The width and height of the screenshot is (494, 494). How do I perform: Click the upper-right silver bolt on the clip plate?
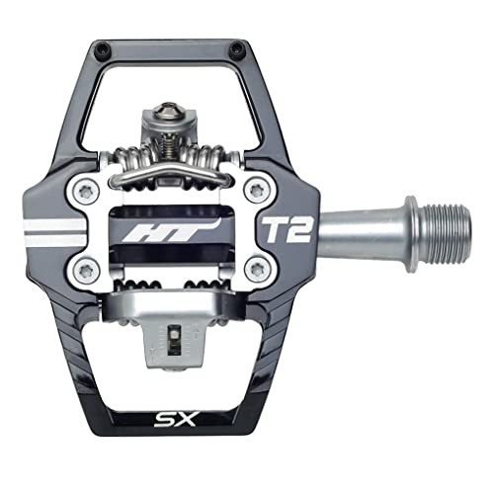259,187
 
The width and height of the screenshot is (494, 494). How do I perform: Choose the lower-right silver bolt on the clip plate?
259,267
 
